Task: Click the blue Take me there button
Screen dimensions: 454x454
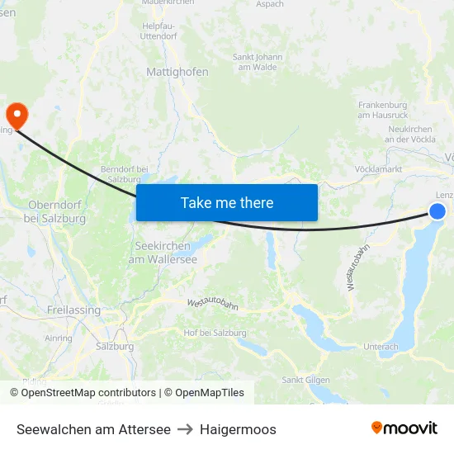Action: point(227,202)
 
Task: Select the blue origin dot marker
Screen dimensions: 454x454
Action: point(437,211)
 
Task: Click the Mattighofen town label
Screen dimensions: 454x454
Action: point(177,72)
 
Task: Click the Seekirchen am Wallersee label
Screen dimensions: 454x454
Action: point(163,253)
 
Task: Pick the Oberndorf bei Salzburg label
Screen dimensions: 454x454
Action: point(57,211)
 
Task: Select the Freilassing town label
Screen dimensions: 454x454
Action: point(73,310)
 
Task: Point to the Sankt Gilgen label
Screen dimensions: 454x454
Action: point(305,380)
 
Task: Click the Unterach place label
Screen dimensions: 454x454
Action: point(381,347)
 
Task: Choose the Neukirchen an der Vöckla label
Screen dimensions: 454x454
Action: point(411,135)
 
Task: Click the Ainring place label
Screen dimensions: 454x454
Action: point(58,338)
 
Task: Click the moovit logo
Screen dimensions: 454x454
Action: point(404,428)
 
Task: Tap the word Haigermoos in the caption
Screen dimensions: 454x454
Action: point(238,429)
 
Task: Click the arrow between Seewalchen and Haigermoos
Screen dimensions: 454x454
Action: point(185,429)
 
